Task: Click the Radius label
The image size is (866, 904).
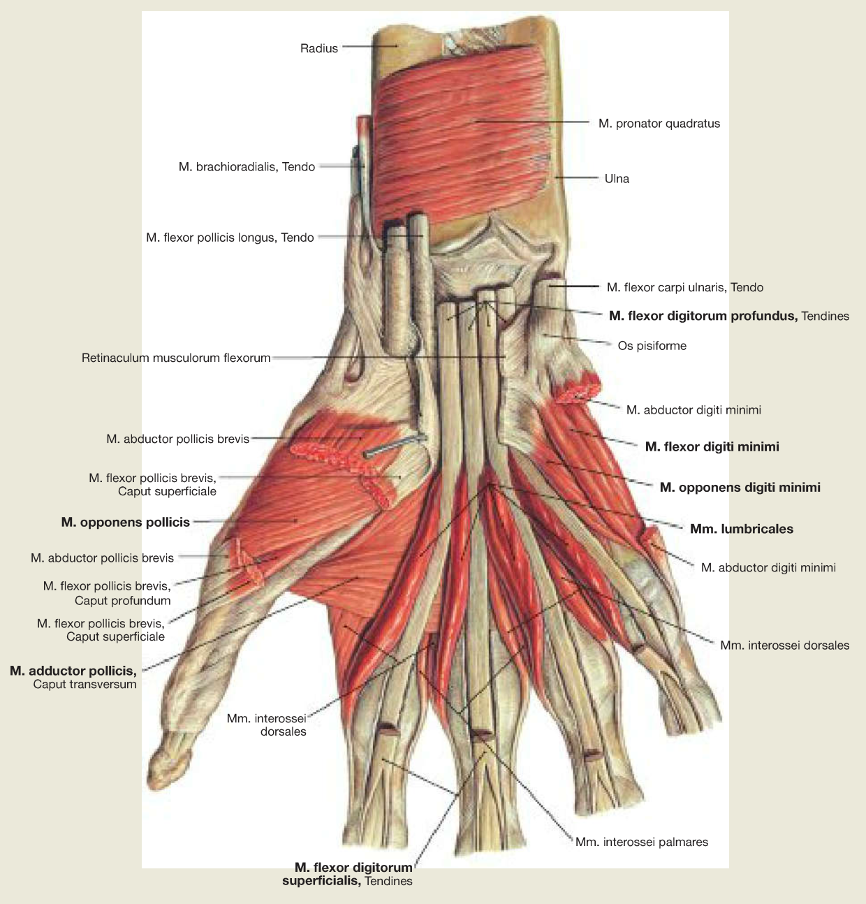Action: tap(319, 48)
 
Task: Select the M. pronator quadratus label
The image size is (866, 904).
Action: tap(659, 124)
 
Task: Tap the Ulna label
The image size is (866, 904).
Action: tap(617, 179)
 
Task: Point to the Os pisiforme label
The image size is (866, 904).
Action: tap(652, 346)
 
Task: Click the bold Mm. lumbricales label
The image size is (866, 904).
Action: tap(742, 529)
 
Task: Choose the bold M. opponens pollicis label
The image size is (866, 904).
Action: tap(126, 522)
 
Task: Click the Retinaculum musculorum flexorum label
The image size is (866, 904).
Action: tap(176, 358)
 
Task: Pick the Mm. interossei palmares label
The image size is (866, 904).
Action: tap(642, 842)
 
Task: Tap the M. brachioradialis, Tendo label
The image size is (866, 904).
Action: tap(247, 167)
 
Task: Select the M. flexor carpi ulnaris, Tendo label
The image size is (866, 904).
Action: tap(685, 287)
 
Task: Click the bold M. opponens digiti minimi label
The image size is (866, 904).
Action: tap(740, 488)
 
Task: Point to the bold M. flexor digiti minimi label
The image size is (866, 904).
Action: tap(712, 447)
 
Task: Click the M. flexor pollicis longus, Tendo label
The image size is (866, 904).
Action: tap(230, 238)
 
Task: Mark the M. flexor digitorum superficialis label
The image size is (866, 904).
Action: tap(348, 874)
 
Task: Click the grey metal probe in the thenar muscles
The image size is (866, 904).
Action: tap(395, 446)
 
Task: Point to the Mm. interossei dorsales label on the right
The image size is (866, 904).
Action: tap(785, 646)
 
